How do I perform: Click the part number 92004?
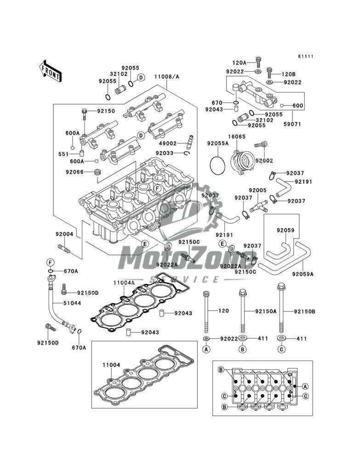[65, 234]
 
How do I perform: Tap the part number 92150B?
[304, 311]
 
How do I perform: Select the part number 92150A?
[266, 311]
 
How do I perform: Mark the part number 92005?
[258, 190]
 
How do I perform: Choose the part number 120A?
[239, 62]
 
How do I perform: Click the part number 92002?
[264, 161]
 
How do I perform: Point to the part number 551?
[63, 154]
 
